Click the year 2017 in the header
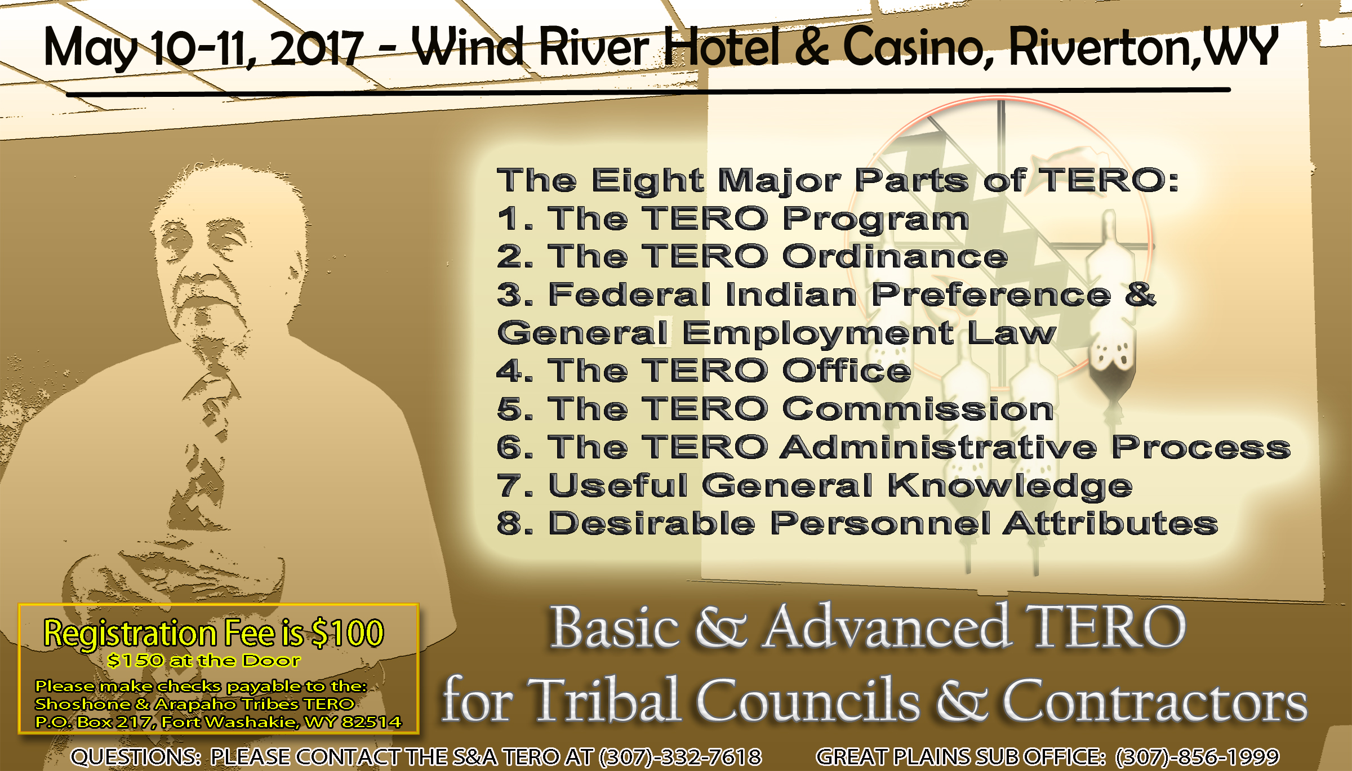point(317,48)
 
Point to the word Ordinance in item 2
point(895,256)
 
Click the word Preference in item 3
point(991,295)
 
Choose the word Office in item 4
point(847,371)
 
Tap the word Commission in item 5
point(918,408)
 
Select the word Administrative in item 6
point(939,447)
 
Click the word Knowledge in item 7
point(1010,486)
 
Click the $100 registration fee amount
point(348,632)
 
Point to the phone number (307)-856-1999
point(1197,757)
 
